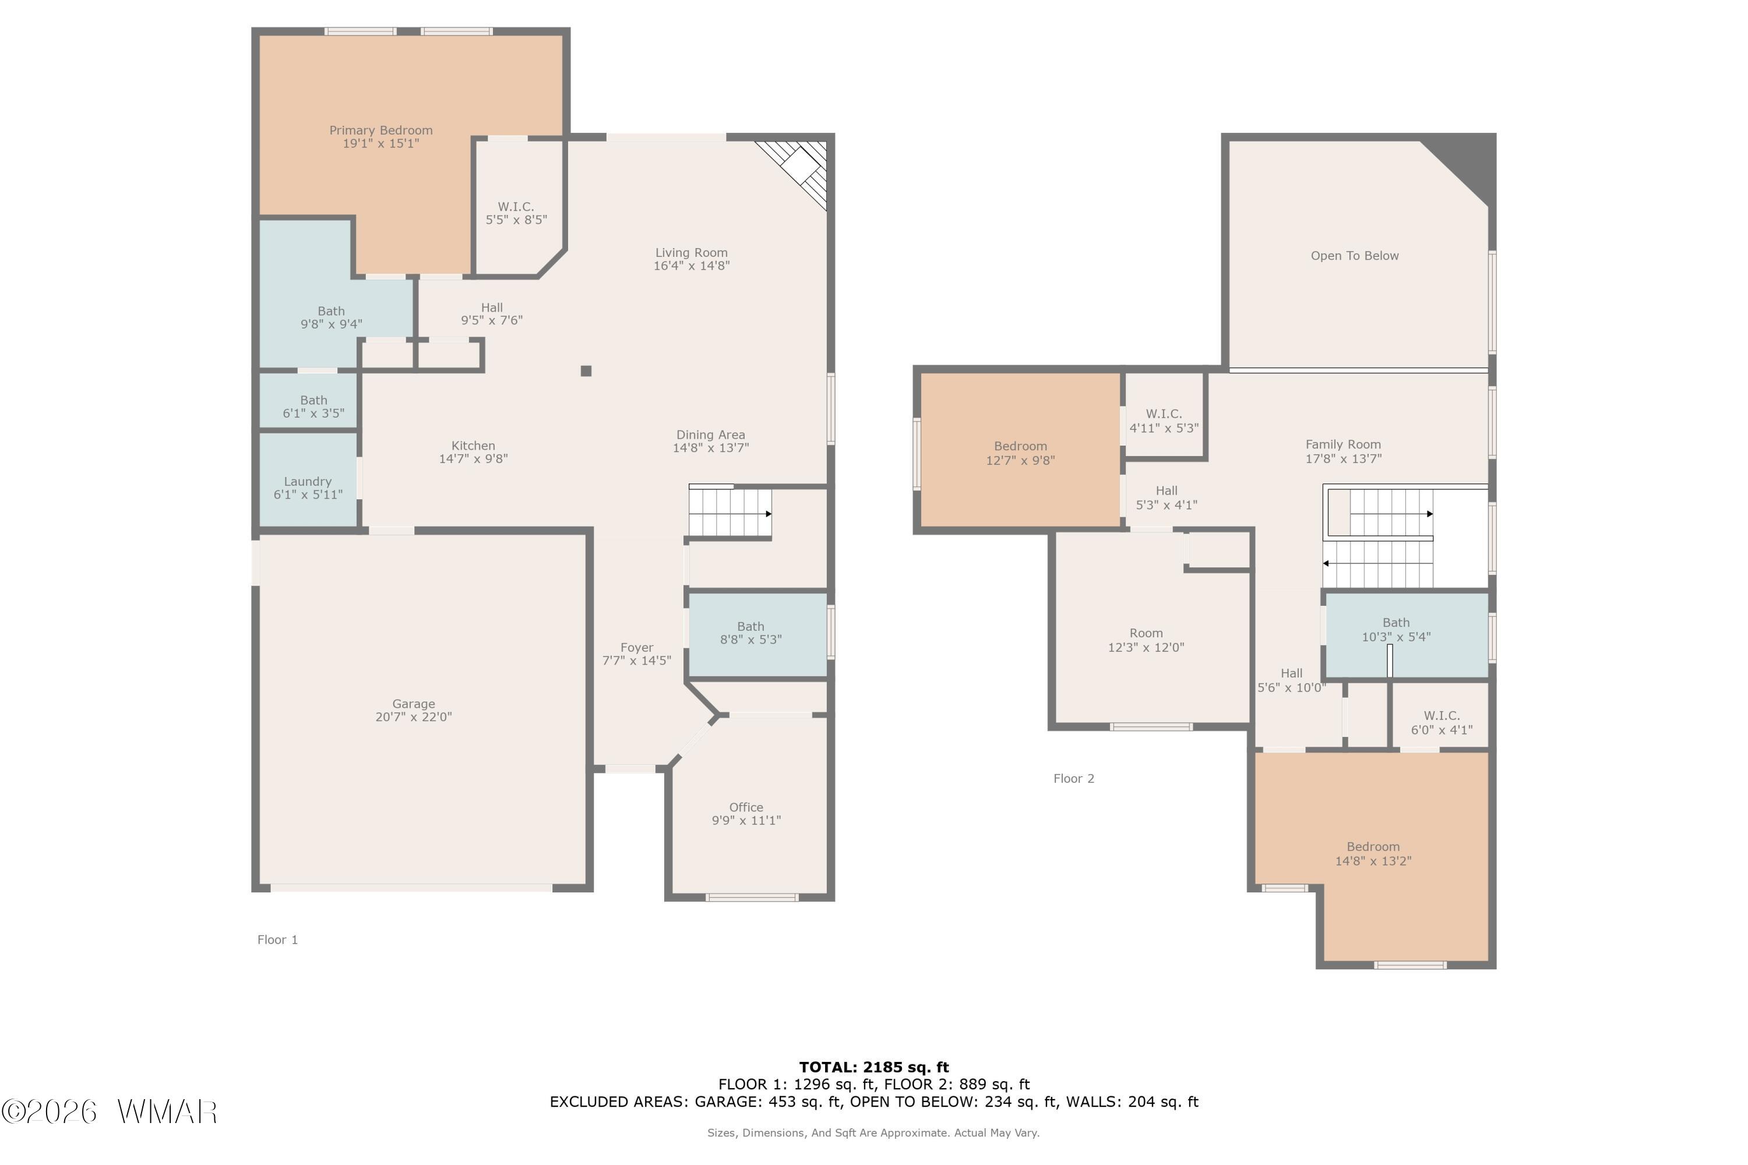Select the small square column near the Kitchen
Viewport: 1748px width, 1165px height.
click(586, 370)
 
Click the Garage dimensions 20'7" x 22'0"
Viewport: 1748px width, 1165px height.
click(413, 717)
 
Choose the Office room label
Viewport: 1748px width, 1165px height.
click(746, 807)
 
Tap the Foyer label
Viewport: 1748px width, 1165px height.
click(637, 647)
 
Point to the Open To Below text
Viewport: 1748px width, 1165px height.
click(1354, 256)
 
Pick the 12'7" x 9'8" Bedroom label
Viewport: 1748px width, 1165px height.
click(1020, 453)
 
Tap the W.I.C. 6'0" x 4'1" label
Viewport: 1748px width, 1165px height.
click(1442, 722)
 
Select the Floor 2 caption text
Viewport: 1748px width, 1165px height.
click(1074, 779)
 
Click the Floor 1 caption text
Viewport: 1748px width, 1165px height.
click(277, 940)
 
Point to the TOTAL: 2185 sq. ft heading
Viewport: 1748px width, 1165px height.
click(874, 1068)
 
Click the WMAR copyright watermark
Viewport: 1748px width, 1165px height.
click(110, 1111)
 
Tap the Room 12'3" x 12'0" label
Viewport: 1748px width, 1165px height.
click(1146, 640)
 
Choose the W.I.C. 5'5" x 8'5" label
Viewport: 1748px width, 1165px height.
click(516, 213)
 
